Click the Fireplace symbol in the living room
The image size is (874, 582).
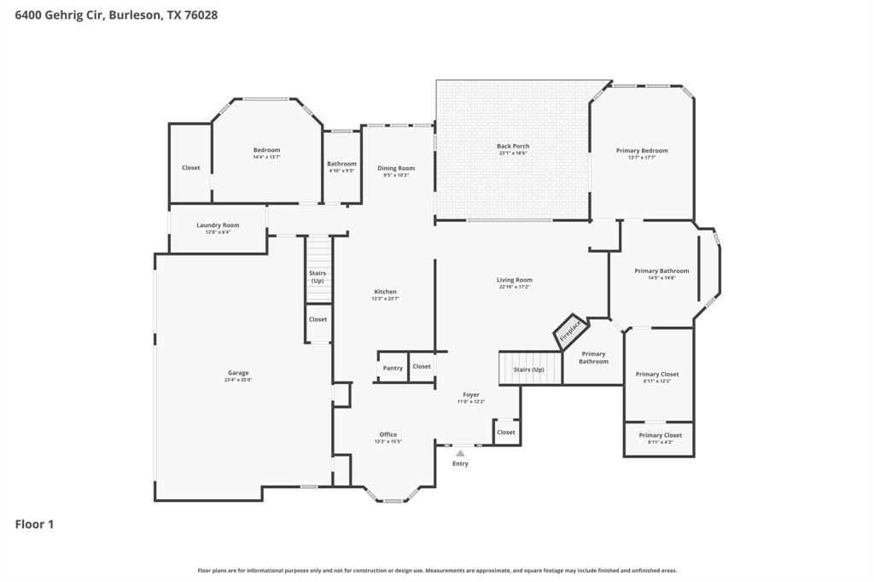pyautogui.click(x=570, y=331)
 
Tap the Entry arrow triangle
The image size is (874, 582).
pyautogui.click(x=460, y=453)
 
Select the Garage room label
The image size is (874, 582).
pyautogui.click(x=238, y=373)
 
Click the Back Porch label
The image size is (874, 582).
pyautogui.click(x=513, y=146)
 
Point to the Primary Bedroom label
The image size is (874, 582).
pyautogui.click(x=642, y=150)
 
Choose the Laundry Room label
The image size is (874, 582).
pyautogui.click(x=218, y=225)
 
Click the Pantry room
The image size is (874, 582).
pyautogui.click(x=393, y=368)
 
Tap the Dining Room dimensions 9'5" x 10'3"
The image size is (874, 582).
pyautogui.click(x=396, y=175)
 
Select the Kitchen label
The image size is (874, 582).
pyautogui.click(x=385, y=291)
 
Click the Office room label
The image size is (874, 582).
pyautogui.click(x=387, y=434)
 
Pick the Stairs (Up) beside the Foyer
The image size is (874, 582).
pyautogui.click(x=529, y=369)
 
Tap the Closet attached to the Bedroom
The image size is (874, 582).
pyautogui.click(x=190, y=168)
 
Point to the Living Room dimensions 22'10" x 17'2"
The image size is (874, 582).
pyautogui.click(x=515, y=287)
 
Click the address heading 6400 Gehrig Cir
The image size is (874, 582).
pyautogui.click(x=110, y=15)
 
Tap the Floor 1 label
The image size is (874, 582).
pyautogui.click(x=35, y=524)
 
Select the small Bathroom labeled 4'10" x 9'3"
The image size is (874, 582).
pyautogui.click(x=341, y=166)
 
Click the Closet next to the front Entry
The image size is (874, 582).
pyautogui.click(x=506, y=432)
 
